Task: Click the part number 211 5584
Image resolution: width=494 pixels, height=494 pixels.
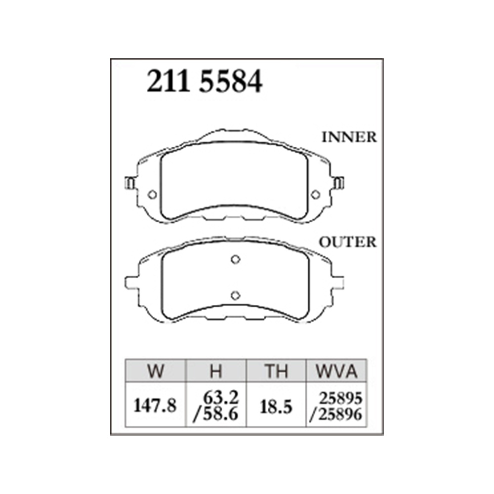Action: [x=205, y=82]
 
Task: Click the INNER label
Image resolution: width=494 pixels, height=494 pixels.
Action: [x=349, y=137]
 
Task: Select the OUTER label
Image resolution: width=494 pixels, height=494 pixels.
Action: [x=348, y=242]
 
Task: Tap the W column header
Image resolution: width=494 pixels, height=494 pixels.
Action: [x=155, y=371]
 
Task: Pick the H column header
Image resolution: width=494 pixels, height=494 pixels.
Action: [x=216, y=371]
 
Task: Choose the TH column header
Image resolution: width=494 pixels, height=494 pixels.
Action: [x=276, y=371]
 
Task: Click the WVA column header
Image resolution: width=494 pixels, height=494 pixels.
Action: [x=336, y=371]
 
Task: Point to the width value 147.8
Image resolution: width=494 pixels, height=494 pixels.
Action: [x=155, y=406]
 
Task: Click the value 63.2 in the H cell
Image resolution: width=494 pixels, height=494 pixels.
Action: [x=221, y=398]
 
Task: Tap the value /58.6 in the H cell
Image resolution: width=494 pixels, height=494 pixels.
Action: [x=216, y=414]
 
